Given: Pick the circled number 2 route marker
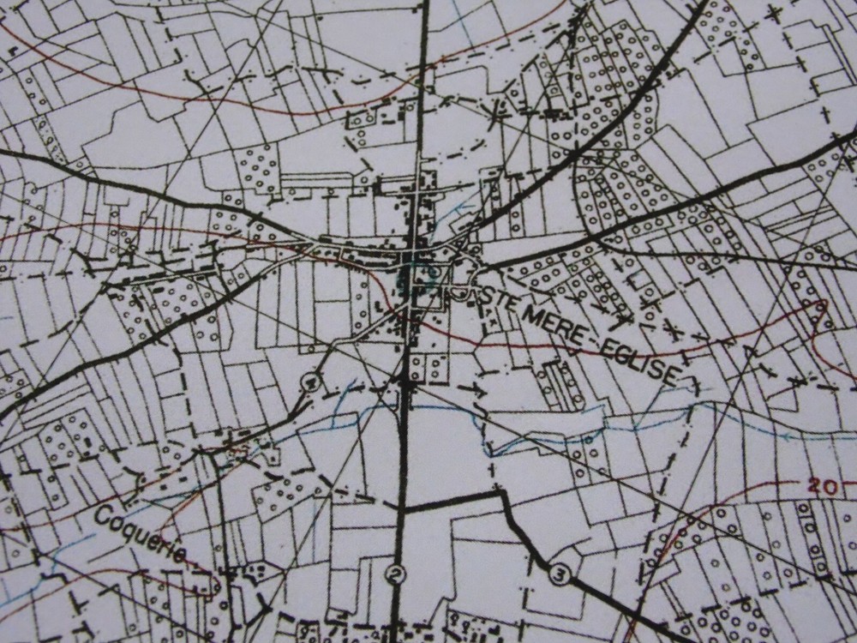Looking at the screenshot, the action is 394,574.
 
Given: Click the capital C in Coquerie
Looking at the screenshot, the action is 104,515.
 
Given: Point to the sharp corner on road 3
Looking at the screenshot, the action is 498,492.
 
